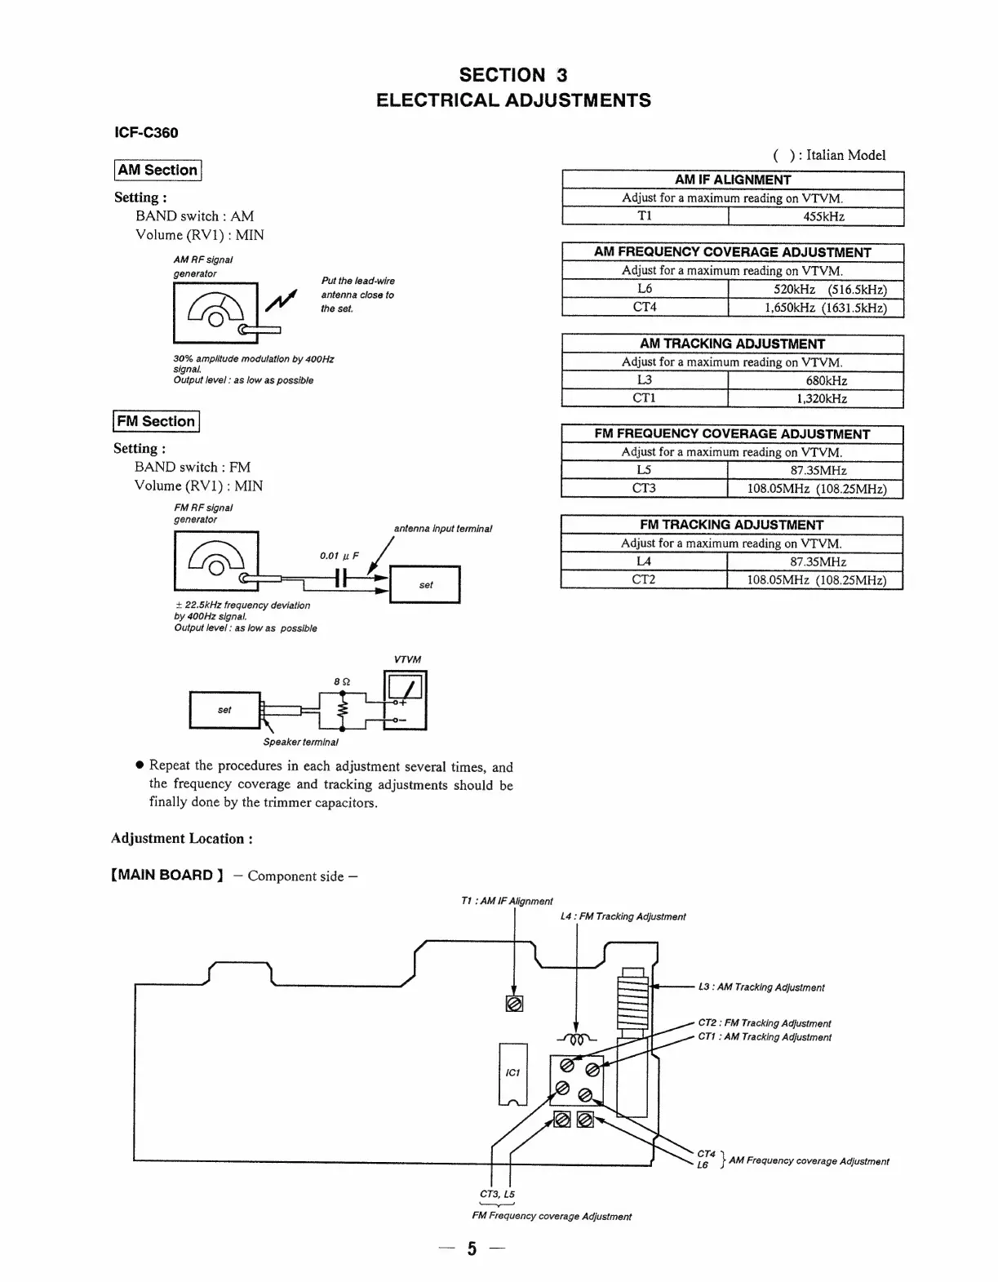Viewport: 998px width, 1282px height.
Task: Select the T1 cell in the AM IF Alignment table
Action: (x=645, y=216)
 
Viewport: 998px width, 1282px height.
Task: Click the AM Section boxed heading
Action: (x=157, y=170)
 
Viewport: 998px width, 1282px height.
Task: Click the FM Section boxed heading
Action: (x=156, y=421)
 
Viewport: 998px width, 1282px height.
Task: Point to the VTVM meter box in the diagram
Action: (x=405, y=699)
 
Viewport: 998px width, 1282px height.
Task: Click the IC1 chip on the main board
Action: (x=512, y=1073)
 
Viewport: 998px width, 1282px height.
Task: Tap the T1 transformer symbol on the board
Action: (x=514, y=1004)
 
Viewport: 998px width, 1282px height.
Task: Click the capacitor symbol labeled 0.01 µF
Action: (x=342, y=579)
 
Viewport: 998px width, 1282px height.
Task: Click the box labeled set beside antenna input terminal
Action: (x=425, y=584)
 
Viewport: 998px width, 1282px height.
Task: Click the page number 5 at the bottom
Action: (x=472, y=1249)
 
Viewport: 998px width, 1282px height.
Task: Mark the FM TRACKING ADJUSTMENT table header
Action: (x=731, y=525)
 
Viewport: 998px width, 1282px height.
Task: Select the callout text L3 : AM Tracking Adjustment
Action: (x=761, y=987)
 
